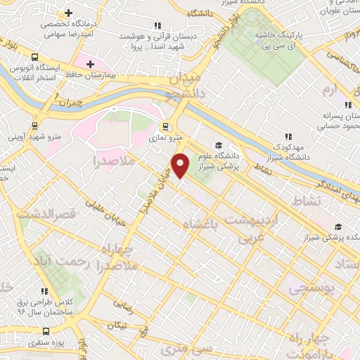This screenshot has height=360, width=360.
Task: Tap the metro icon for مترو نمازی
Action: click(165, 127)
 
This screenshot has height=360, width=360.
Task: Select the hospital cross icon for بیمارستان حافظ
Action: click(89, 64)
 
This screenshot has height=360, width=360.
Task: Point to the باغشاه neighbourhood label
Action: click(201, 224)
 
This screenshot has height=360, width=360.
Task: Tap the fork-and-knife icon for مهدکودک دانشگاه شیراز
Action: click(287, 136)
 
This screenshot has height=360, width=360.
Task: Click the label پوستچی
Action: click(305, 287)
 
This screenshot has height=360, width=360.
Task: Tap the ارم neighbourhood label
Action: click(330, 91)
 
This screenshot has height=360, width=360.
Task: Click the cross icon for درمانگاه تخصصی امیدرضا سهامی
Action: click(68, 13)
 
